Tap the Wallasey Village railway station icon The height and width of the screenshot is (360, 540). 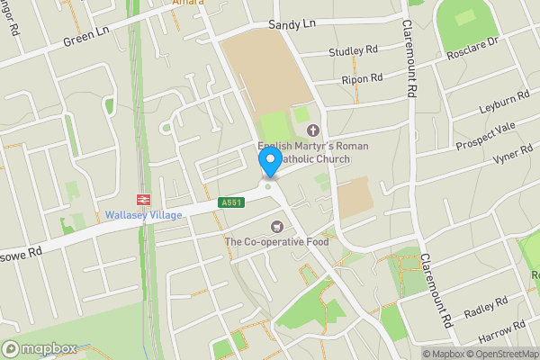pyautogui.click(x=142, y=199)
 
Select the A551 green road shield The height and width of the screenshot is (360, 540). pyautogui.click(x=231, y=203)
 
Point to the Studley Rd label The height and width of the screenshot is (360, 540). pyautogui.click(x=354, y=51)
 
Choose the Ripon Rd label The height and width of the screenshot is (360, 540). pyautogui.click(x=362, y=79)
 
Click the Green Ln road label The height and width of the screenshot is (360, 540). pyautogui.click(x=86, y=40)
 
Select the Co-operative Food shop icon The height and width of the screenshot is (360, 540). pyautogui.click(x=277, y=225)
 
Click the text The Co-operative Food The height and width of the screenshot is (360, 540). pyautogui.click(x=276, y=241)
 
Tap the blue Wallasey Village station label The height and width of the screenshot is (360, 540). pyautogui.click(x=144, y=215)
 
